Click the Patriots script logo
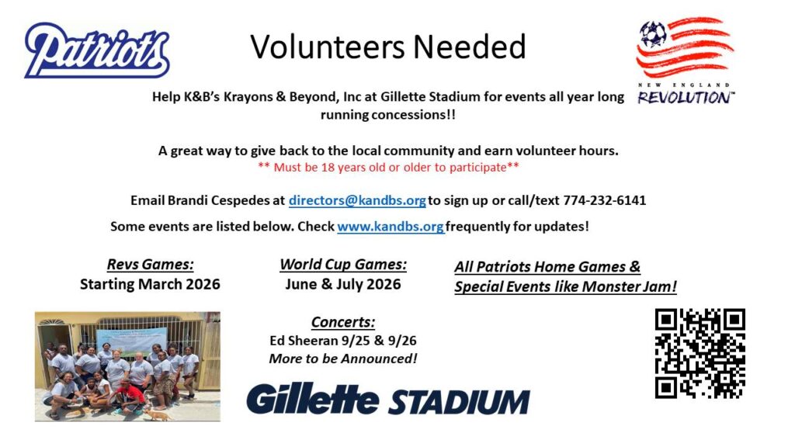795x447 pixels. (97, 50)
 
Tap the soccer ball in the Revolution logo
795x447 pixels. (652, 34)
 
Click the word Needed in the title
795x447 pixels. (470, 47)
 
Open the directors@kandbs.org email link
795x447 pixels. (357, 200)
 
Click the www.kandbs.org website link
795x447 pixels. (391, 226)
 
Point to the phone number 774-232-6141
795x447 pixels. (604, 200)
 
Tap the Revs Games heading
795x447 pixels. (150, 264)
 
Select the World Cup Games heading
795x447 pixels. (343, 264)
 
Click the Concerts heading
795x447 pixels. (343, 322)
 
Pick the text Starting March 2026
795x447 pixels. (150, 284)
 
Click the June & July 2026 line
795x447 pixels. (343, 284)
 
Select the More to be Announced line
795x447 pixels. (343, 359)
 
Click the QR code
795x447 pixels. (700, 353)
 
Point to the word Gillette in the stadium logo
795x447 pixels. (312, 399)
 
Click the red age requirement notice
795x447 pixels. (388, 168)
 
